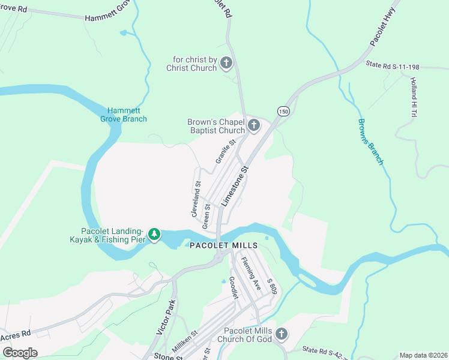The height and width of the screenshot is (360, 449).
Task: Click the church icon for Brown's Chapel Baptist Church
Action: point(254,125)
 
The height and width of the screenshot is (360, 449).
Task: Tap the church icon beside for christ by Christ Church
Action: point(226,62)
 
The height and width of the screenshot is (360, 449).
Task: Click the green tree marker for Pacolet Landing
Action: point(154,234)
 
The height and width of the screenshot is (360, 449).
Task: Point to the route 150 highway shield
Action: point(284,111)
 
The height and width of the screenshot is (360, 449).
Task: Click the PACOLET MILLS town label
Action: point(224,245)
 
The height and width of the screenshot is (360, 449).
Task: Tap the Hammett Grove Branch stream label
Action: point(127,115)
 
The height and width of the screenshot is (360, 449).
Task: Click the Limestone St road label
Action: point(235,187)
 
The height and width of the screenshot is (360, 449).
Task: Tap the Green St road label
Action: point(206,216)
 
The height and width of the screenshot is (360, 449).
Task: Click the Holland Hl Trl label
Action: point(414,97)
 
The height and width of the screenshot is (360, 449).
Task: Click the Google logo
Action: point(19,353)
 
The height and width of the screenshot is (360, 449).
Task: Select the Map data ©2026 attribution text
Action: point(423,355)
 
